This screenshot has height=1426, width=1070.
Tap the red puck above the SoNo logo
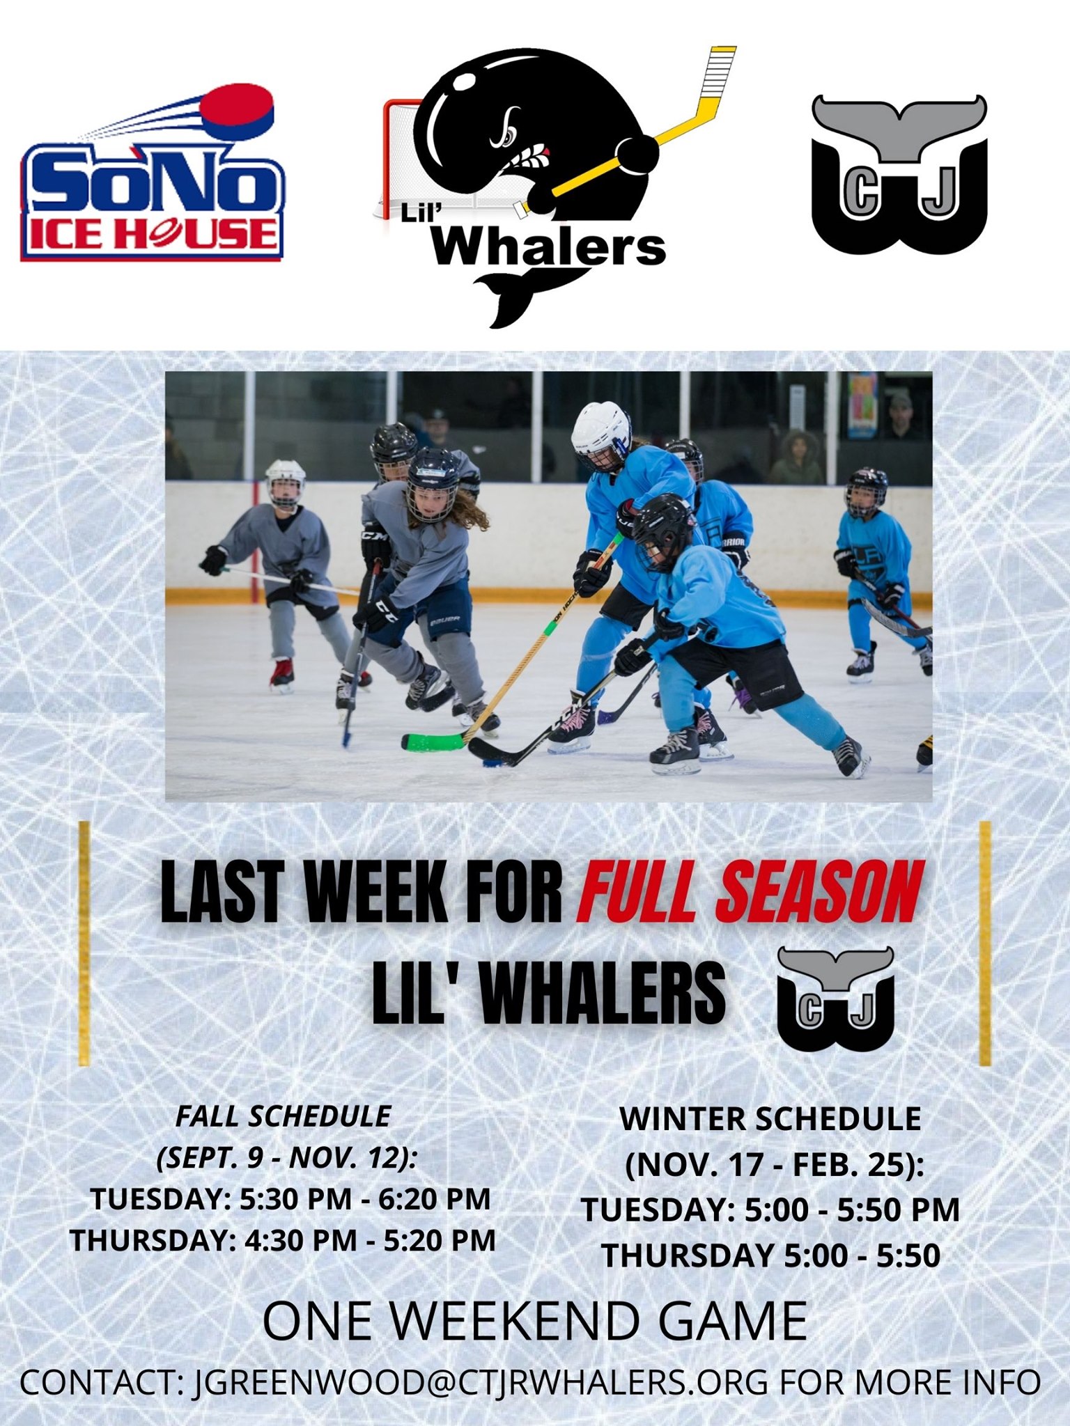[237, 111]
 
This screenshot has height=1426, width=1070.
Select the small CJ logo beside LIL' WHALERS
[835, 998]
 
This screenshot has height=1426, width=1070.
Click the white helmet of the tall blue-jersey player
[600, 432]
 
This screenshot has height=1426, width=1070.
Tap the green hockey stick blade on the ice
[433, 741]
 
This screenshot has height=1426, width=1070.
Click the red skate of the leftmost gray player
[282, 673]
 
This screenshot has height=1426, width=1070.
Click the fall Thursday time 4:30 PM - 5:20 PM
[370, 1240]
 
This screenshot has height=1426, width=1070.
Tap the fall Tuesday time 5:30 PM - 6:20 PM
[366, 1199]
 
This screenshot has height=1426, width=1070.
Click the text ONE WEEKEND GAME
[535, 1322]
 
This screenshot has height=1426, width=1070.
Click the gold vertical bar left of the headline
[84, 944]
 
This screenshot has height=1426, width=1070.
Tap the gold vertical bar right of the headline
[985, 944]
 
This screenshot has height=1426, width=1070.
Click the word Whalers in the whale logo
[549, 246]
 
